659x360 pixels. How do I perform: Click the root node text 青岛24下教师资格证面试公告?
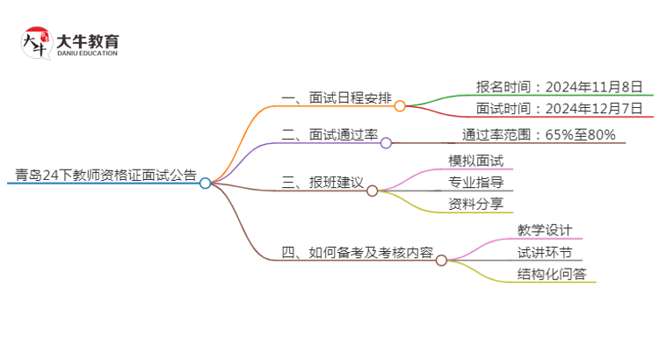coord(101,174)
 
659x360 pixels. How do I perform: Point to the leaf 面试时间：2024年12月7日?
coord(560,109)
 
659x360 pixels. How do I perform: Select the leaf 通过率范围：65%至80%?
coord(539,134)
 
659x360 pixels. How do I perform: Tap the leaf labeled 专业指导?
coord(475,183)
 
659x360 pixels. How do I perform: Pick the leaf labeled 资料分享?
coord(475,205)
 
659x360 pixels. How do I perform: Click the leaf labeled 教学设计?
coord(545,230)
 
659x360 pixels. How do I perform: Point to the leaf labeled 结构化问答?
coord(551,274)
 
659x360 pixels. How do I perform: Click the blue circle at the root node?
coord(205,184)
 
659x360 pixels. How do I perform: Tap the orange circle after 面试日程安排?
coord(400,106)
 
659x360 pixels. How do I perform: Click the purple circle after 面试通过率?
coord(386,143)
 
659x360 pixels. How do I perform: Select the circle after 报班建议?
coord(372,191)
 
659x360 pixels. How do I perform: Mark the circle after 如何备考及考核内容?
coord(441,261)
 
